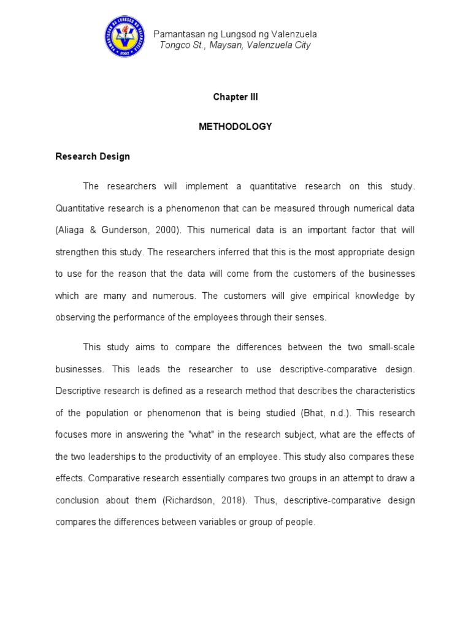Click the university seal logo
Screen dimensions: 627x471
click(x=126, y=36)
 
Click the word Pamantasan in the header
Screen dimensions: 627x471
click(x=177, y=34)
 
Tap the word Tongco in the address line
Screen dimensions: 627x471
click(x=174, y=45)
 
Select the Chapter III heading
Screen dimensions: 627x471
click(x=235, y=97)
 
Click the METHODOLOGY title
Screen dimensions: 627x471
click(x=235, y=126)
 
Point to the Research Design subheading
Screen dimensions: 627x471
click(x=93, y=156)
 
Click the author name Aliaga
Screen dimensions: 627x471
click(x=72, y=230)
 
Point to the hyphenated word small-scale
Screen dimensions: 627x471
click(x=389, y=347)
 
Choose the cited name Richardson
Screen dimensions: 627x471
click(x=189, y=500)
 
